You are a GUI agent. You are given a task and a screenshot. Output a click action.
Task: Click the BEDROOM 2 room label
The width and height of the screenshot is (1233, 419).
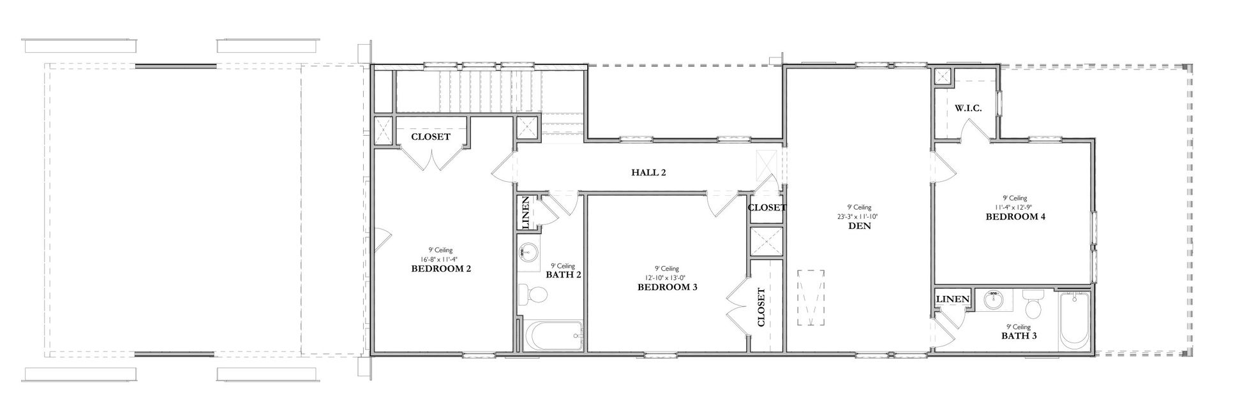441,269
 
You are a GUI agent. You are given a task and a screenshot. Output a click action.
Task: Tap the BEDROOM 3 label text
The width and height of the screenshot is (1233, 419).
667,288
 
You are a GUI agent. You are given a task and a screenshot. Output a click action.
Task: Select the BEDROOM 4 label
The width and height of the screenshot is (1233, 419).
1015,217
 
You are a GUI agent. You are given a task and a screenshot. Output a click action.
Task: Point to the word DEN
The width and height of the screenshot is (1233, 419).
859,226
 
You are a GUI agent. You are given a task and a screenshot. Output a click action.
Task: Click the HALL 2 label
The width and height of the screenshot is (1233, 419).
649,172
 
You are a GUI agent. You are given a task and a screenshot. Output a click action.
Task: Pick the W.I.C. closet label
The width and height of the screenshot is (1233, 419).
968,109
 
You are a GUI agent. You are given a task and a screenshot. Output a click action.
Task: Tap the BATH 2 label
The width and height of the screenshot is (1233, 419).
563,275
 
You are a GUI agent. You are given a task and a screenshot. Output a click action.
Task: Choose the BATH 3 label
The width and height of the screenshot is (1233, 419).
1019,335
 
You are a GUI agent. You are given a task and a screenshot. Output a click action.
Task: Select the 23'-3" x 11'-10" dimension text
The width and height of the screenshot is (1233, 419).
859,216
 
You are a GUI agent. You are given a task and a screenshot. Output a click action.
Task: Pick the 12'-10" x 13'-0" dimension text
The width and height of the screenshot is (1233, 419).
667,278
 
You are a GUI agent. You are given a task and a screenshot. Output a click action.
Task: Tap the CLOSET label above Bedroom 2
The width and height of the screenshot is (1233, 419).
431,136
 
